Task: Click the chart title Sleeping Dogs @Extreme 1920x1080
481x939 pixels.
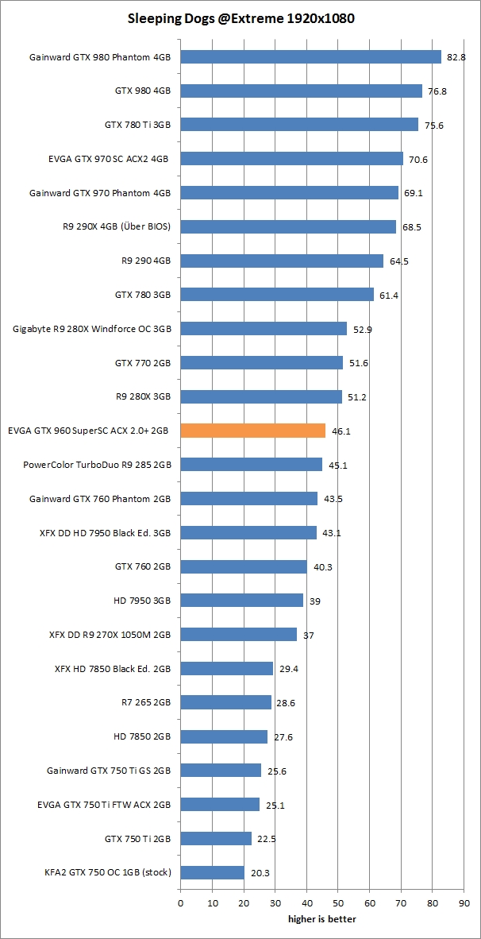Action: click(240, 17)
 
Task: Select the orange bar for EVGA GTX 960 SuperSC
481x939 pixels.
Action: click(253, 431)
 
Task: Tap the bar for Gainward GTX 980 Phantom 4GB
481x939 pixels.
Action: click(311, 57)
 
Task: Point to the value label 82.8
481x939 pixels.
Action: click(456, 57)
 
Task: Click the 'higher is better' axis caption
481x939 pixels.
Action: click(321, 919)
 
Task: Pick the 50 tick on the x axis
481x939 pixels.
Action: click(338, 902)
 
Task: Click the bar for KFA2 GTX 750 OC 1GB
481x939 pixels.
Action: click(213, 872)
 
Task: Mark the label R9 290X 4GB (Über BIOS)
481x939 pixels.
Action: click(117, 226)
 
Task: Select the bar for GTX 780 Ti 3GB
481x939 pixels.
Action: click(300, 125)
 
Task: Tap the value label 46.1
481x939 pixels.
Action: click(341, 431)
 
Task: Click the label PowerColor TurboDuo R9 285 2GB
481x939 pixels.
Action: click(97, 465)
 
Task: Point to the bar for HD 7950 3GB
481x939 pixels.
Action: click(242, 601)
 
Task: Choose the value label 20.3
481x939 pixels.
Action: click(260, 872)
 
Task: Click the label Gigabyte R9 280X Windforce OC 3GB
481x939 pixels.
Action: click(92, 329)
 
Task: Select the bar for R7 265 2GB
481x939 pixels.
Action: click(226, 702)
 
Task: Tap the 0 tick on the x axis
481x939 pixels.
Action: click(181, 902)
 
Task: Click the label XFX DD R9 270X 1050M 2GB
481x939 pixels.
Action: click(110, 635)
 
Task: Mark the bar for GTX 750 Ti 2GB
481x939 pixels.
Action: click(217, 838)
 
